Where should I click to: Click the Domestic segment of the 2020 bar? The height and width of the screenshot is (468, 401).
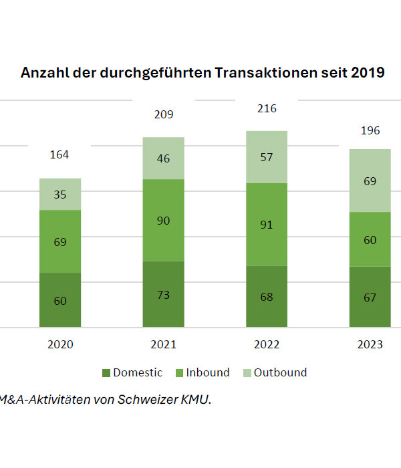pos(60,300)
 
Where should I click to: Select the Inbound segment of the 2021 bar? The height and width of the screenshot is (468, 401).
pos(163,220)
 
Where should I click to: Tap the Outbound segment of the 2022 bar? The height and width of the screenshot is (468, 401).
pos(267,157)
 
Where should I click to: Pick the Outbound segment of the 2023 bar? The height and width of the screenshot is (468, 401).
pos(370,181)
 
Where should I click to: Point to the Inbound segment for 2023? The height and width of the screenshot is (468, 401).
pos(370,239)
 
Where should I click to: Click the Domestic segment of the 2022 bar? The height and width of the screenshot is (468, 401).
pos(267,296)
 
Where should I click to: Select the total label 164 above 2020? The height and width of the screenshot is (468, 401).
pos(60,155)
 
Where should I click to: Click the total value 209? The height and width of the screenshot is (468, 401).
pos(163,114)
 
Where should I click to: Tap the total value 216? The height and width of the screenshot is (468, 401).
pos(267,108)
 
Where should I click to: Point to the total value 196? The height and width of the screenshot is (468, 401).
pos(370,130)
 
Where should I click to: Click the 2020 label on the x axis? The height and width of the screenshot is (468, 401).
pos(60,345)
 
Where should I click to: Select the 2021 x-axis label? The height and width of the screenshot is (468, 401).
pos(163,345)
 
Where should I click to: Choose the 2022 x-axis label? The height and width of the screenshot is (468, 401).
pos(267,345)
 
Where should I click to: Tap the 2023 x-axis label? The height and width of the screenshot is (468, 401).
pos(370,345)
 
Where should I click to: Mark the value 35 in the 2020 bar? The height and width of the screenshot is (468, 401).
pos(60,195)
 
